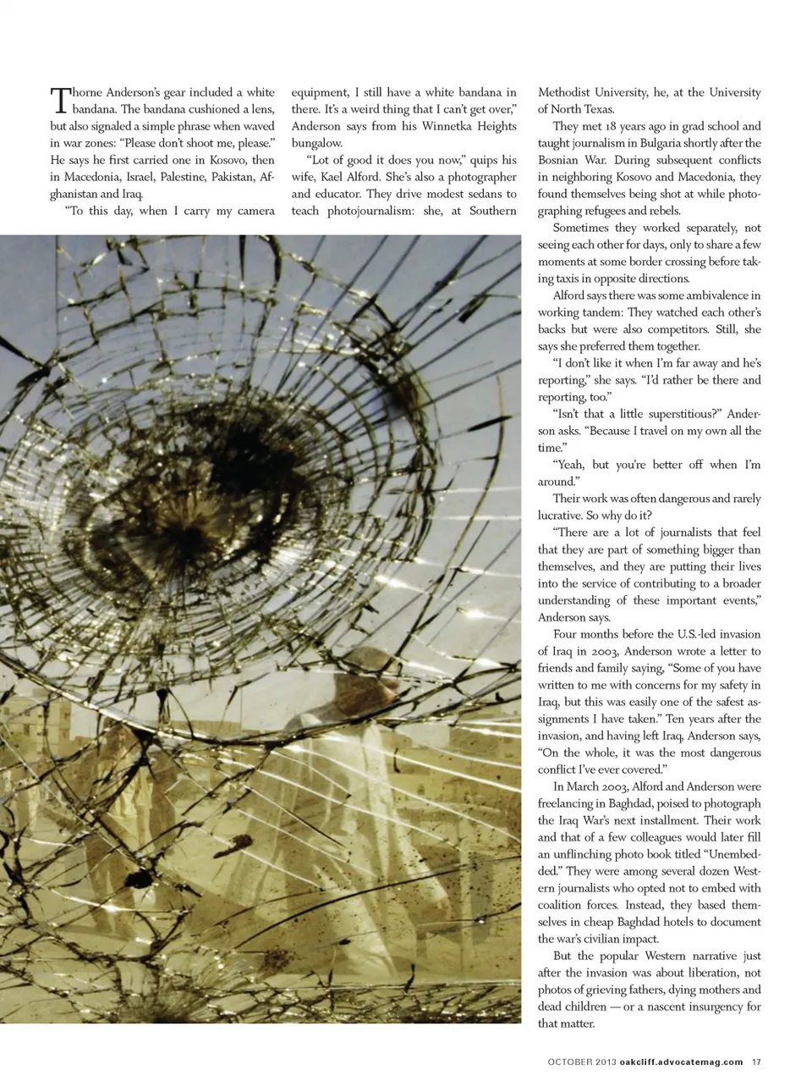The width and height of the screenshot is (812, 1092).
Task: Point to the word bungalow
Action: click(x=317, y=143)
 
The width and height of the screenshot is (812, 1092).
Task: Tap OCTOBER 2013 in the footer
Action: click(x=581, y=1062)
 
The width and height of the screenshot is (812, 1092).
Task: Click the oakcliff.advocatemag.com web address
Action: click(x=681, y=1062)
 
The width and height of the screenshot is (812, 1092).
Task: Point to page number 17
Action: click(x=756, y=1062)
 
